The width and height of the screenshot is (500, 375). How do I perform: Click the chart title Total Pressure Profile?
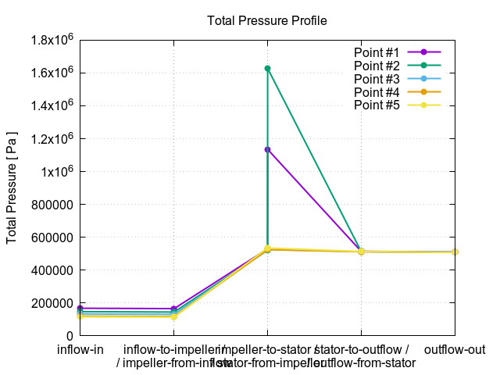click(266, 20)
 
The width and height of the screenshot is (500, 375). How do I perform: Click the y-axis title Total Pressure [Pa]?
click(12, 187)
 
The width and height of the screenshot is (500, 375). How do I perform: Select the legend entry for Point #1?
click(377, 52)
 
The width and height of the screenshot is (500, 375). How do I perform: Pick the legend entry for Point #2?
click(377, 65)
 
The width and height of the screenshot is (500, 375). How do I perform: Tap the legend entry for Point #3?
click(377, 78)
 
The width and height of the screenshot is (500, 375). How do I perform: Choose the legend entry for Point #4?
click(377, 91)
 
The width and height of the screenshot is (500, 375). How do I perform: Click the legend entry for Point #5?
click(377, 105)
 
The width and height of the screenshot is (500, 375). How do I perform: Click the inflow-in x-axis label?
click(80, 349)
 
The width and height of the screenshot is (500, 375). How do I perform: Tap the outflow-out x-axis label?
click(455, 349)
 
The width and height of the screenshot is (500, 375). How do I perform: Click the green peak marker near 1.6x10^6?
click(267, 69)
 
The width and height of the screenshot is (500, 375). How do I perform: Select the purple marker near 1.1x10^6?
click(267, 149)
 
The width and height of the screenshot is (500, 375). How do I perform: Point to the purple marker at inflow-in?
click(80, 309)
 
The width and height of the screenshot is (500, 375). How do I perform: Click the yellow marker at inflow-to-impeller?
click(173, 316)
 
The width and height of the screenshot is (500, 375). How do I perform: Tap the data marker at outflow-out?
click(455, 252)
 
